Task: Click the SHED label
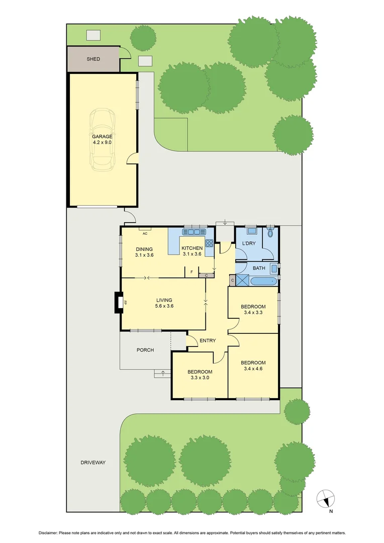93,59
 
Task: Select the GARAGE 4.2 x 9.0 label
102,139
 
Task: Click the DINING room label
144,252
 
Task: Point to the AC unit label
145,234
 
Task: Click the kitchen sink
194,232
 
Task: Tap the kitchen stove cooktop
209,243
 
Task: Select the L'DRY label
249,244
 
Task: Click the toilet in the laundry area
270,232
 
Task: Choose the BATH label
259,268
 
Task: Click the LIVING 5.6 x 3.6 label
164,303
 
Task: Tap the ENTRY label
208,341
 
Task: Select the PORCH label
145,350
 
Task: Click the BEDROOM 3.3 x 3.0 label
200,375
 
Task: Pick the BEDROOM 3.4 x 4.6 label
253,366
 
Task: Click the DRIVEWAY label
93,463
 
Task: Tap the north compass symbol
326,498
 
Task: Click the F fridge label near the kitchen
191,272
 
